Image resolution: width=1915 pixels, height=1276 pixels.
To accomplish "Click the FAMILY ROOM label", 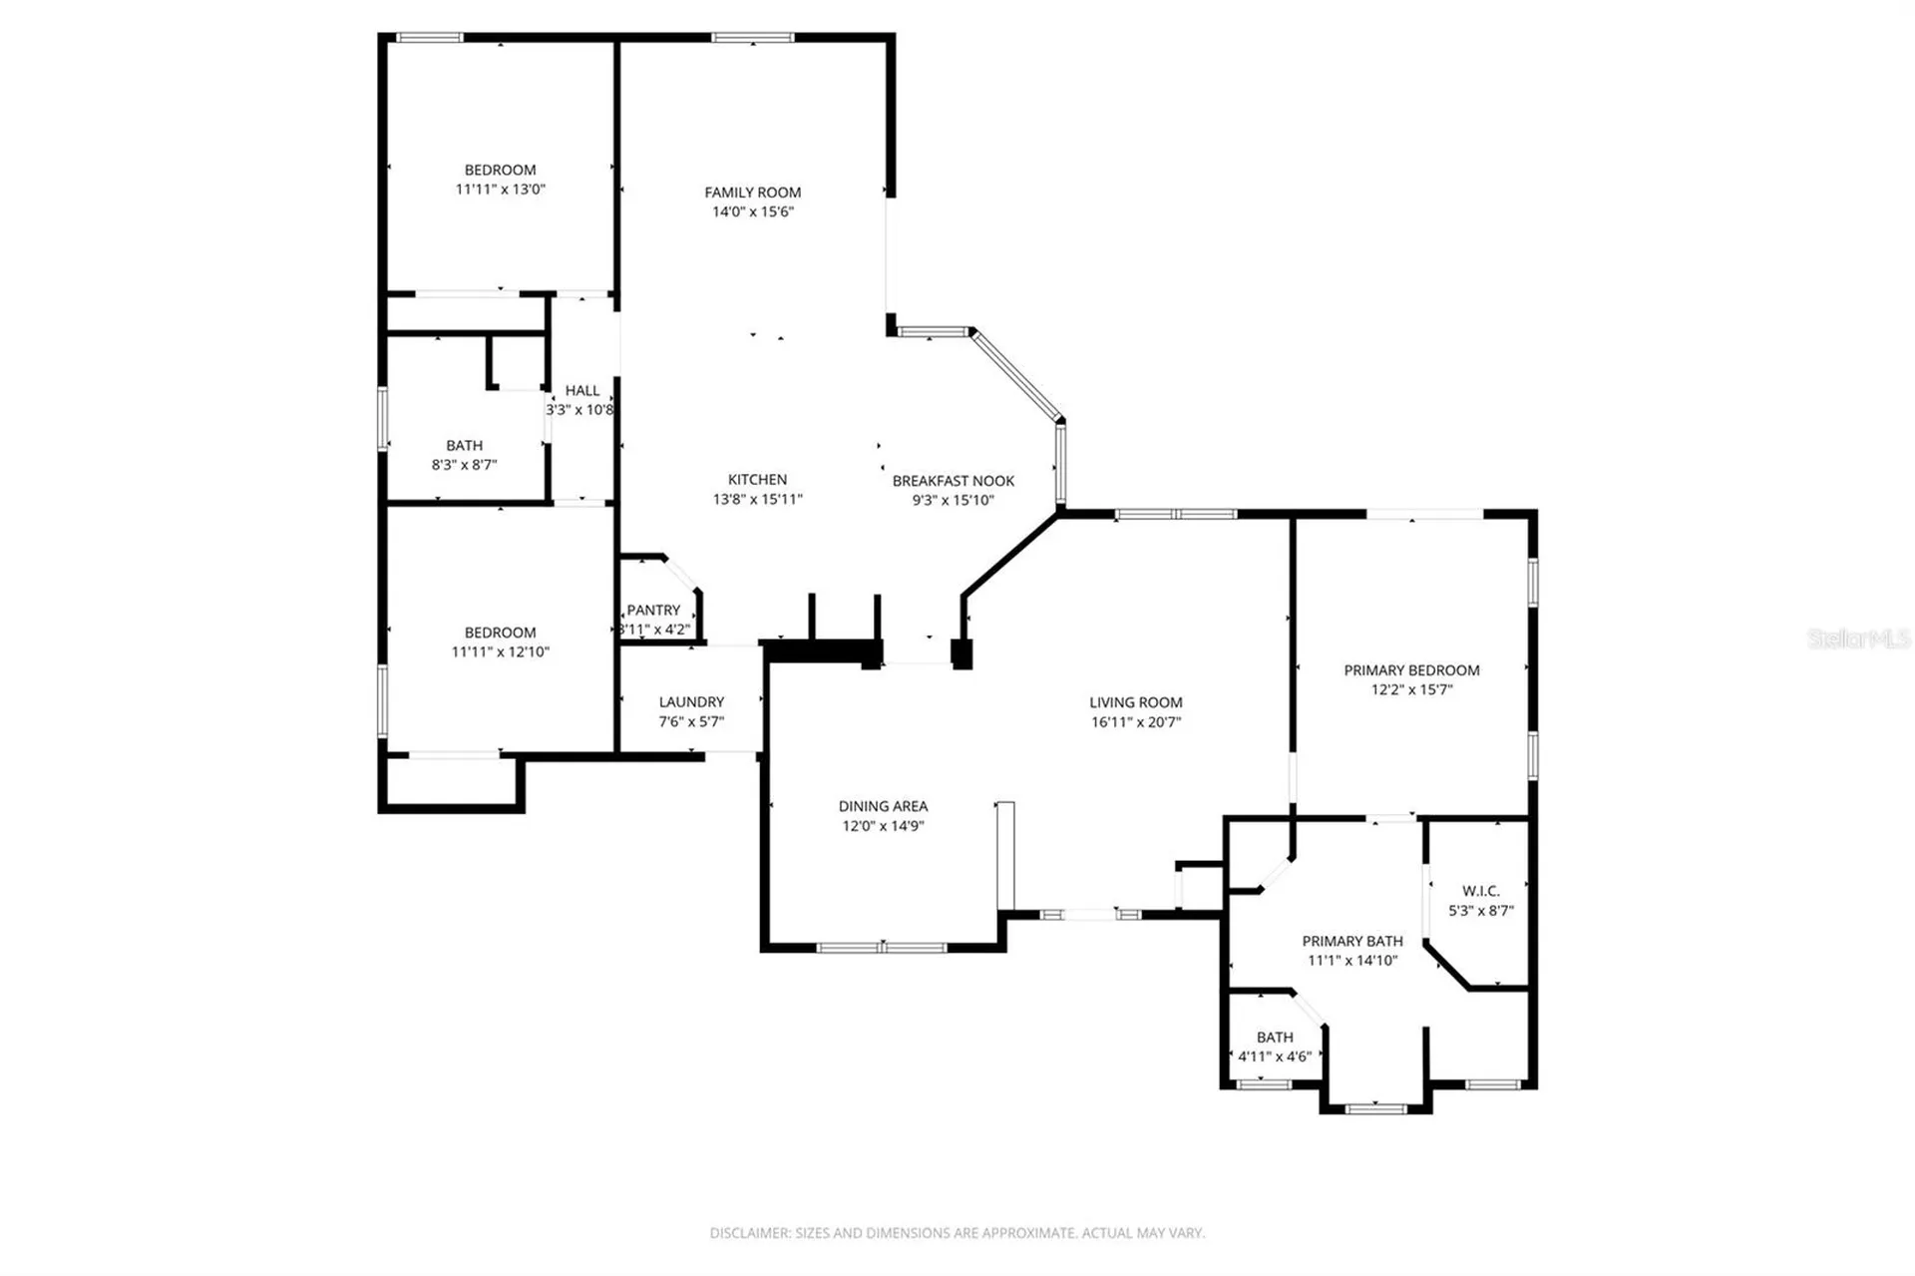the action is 752,193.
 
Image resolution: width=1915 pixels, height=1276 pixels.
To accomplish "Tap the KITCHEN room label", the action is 757,480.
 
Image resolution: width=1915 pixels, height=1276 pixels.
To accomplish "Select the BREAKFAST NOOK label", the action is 953,481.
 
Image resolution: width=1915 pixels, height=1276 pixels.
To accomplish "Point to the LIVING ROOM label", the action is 1135,702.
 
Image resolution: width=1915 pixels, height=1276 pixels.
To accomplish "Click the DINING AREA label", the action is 883,806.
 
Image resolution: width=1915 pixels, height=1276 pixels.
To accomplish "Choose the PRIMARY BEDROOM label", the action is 1411,670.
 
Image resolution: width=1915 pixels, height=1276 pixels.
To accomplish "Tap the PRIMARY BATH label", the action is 1352,941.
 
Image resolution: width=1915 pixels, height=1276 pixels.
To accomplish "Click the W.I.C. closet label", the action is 1480,891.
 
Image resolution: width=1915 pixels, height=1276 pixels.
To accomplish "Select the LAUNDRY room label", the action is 691,702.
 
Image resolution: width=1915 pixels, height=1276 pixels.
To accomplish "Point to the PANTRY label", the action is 653,610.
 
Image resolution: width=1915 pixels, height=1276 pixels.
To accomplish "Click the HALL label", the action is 582,391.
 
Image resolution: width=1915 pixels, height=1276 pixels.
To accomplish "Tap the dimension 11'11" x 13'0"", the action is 500,190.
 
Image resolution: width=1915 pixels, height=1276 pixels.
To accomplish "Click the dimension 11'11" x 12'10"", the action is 500,651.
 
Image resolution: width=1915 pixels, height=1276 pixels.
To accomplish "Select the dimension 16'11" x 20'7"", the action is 1135,722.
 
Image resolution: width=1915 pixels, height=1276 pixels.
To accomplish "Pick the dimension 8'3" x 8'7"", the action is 464,465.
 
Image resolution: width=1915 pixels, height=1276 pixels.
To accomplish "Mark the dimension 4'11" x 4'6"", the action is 1275,1057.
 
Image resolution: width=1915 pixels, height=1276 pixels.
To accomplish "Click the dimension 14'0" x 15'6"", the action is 752,212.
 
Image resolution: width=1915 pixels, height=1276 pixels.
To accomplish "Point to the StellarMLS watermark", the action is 1859,638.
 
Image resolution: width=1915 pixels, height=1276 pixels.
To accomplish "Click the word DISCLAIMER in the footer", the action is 750,1233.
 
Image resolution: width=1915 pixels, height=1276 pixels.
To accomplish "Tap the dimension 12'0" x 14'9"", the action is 883,826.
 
